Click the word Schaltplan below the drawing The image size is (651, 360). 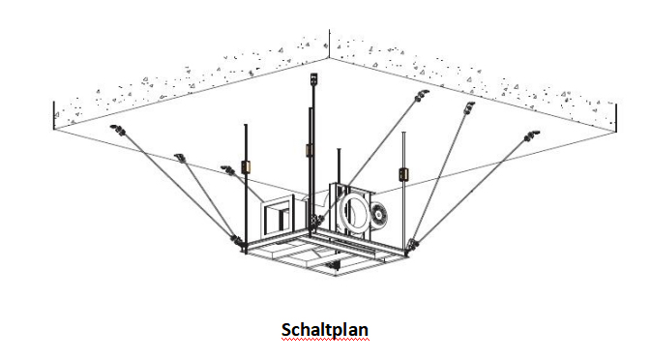pos(325,330)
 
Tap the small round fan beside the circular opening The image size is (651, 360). pos(378,215)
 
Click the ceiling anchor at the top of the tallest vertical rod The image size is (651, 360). pos(313,78)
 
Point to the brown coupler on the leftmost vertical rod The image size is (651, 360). pos(246,166)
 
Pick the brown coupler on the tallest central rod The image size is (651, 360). pos(309,149)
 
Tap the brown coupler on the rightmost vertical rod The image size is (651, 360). pos(403,174)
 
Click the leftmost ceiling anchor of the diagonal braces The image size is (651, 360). pos(117,130)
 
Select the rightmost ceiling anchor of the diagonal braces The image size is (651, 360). pos(531,135)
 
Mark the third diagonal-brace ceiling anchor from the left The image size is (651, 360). pos(228,169)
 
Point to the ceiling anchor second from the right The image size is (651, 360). pos(469,107)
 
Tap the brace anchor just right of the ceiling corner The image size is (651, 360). pos(422,96)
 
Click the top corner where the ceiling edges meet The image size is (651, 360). pos(329,57)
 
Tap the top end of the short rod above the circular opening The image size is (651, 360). pos(339,149)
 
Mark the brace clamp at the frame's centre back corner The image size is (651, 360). pos(316,220)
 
